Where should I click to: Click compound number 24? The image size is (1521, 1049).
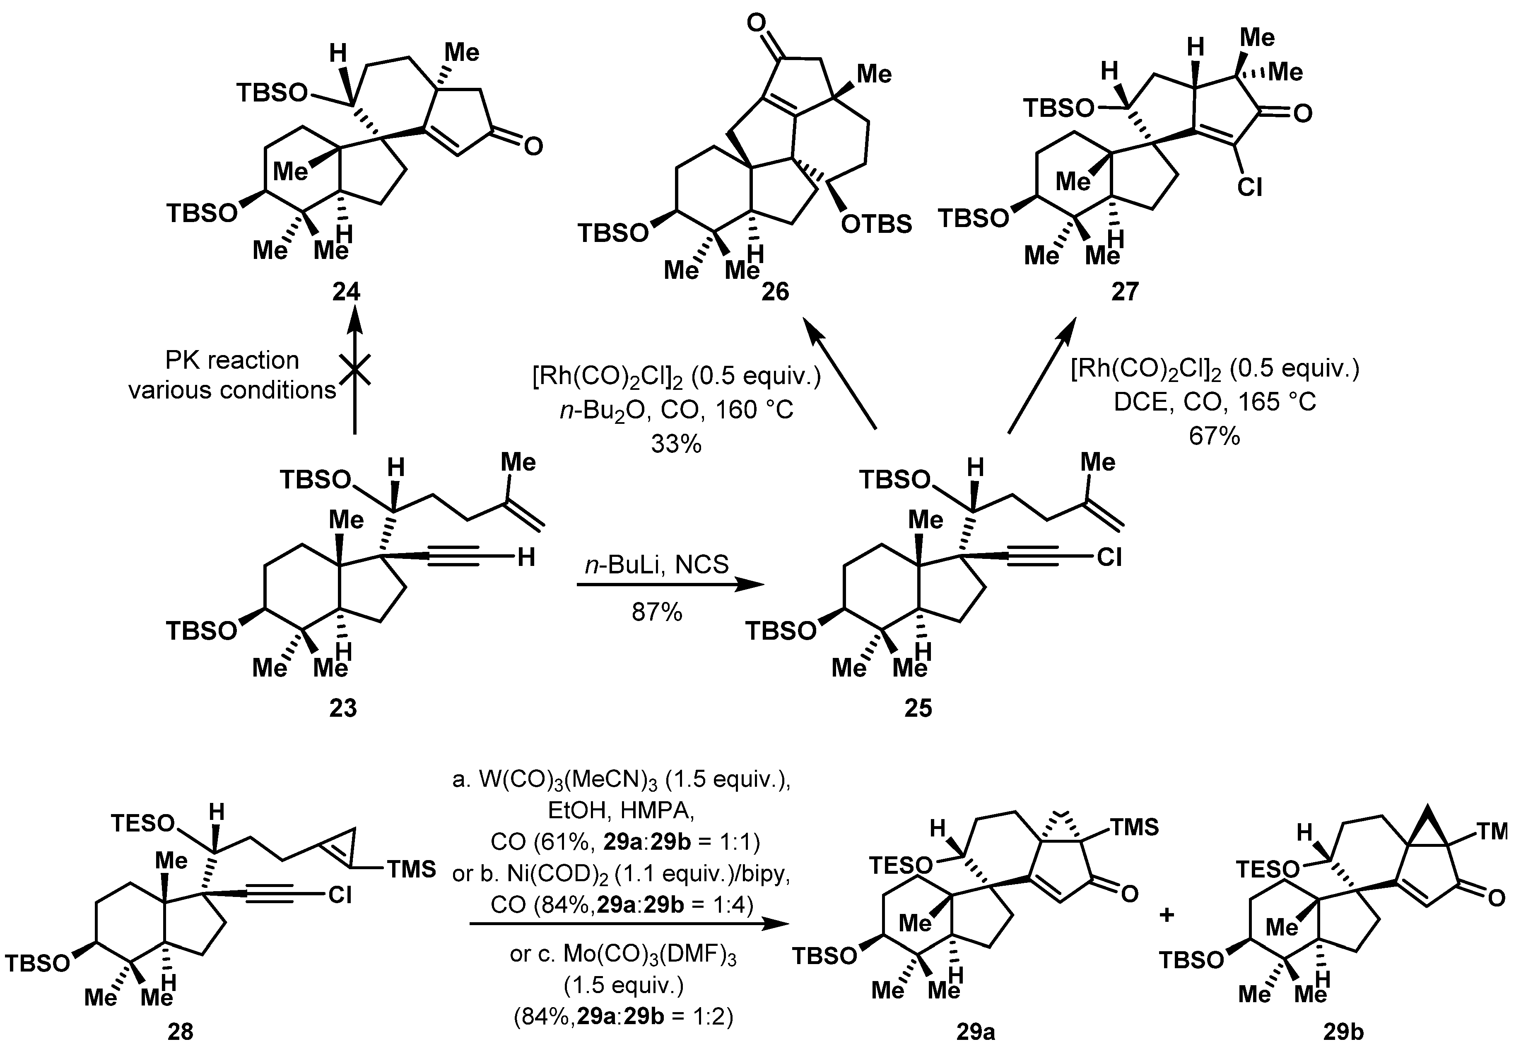[346, 291]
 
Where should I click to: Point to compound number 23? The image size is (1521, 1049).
[343, 708]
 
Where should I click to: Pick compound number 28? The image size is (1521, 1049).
[180, 1031]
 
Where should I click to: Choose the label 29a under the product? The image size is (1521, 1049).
[975, 1031]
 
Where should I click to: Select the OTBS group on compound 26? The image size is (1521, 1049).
[877, 224]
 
